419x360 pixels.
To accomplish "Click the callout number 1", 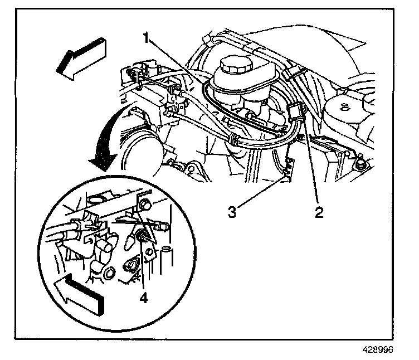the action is tap(146, 37).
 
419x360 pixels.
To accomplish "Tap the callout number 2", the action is tap(319, 213).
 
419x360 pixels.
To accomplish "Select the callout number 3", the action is tap(232, 212).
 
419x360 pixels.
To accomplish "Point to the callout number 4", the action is tap(144, 298).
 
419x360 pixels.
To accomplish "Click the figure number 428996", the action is tap(378, 349).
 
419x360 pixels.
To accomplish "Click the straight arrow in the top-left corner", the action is tap(81, 59).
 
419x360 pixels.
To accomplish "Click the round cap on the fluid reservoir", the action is tap(236, 64).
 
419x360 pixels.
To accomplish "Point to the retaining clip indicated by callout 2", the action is tap(295, 111).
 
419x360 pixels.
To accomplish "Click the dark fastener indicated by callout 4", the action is tap(140, 235).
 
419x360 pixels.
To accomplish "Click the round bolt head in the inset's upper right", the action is tap(144, 204).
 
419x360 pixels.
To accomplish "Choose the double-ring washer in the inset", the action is tap(110, 273).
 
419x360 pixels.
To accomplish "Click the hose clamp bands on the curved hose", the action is tap(233, 140).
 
